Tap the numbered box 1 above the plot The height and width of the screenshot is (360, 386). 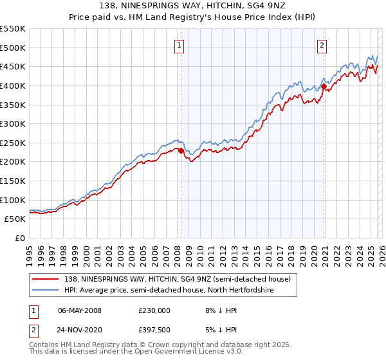pos(178,45)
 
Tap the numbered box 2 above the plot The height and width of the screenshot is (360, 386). pos(321,45)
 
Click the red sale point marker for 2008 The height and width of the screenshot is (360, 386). pos(181,150)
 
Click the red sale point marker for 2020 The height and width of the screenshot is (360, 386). pos(324,86)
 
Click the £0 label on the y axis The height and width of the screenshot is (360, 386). pos(21,238)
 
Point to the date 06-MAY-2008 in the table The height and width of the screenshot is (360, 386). pos(80,310)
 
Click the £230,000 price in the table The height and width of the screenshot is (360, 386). pos(154,310)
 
